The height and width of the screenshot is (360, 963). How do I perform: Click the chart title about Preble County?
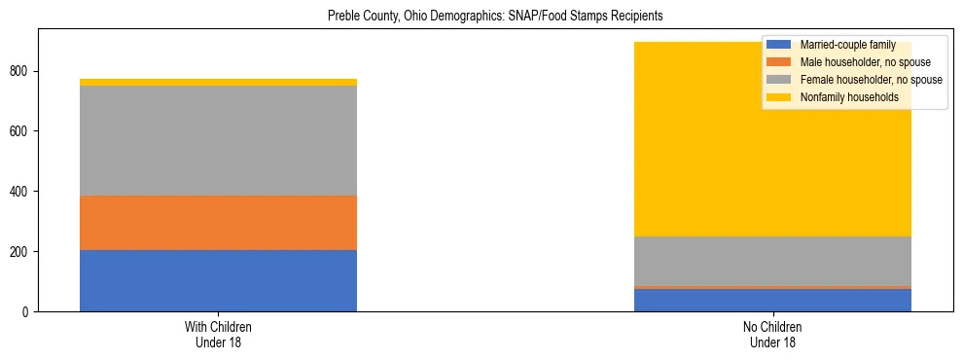(x=495, y=17)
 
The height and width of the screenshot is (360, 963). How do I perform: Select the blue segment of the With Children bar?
(x=218, y=280)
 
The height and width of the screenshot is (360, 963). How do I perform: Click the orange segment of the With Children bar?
(x=218, y=223)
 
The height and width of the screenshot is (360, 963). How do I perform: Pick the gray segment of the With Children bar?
(x=218, y=141)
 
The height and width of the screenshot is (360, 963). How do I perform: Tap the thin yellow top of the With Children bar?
(x=218, y=82)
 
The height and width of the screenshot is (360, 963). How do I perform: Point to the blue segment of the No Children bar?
(x=772, y=301)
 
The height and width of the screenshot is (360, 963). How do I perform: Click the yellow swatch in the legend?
(x=779, y=97)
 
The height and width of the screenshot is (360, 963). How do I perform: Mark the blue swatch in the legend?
(x=779, y=46)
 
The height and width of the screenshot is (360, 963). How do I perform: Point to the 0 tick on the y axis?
(x=28, y=312)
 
